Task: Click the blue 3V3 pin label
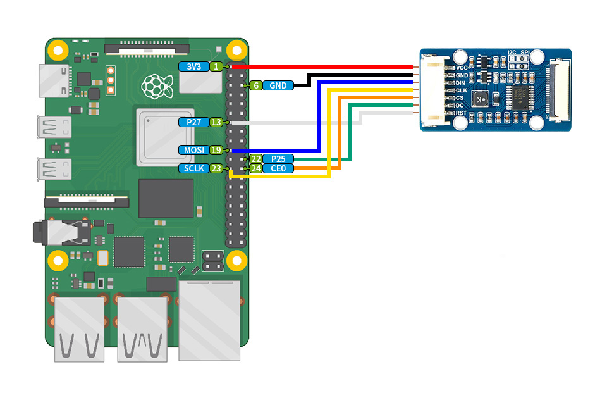[194, 66]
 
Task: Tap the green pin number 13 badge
[216, 123]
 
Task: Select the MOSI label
[194, 150]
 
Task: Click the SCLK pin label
[194, 168]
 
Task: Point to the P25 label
[278, 159]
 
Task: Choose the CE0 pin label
[278, 168]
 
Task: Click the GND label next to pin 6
[278, 85]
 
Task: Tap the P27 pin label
[194, 123]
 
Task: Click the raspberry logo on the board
[157, 87]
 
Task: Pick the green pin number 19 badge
[216, 150]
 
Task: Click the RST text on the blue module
[461, 113]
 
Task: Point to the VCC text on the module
[462, 68]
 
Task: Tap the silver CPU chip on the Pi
[165, 137]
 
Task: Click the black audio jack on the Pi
[62, 232]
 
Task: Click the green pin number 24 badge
[256, 168]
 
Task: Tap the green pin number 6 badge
[256, 85]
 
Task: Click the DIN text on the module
[460, 83]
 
